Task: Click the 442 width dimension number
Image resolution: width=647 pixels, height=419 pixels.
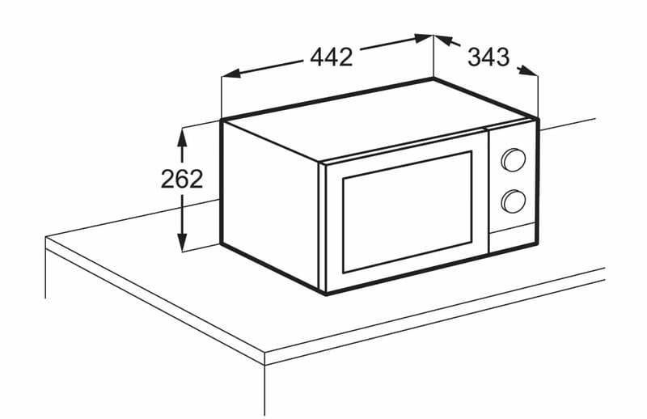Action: coord(332,57)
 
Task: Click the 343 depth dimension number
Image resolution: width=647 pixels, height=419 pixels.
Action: coord(488,57)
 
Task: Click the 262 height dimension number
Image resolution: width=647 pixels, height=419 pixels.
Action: coord(182,179)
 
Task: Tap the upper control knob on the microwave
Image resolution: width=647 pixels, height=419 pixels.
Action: coord(514,160)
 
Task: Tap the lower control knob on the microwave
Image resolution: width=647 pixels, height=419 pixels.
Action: coord(514,201)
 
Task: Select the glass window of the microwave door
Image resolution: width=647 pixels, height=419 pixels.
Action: coord(407,212)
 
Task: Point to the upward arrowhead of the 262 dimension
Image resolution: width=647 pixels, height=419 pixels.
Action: coord(182,138)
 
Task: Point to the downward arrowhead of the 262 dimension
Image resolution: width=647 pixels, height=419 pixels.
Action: coord(182,242)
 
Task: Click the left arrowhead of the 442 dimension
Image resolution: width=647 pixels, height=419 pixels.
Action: coord(231,74)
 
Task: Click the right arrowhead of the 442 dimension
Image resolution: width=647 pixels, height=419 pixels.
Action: coord(423,39)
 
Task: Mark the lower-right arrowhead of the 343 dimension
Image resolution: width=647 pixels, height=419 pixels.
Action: coord(528,70)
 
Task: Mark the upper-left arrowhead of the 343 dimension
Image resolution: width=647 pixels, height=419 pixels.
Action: coord(444,40)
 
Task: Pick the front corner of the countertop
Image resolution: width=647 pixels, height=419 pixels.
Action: coord(264,353)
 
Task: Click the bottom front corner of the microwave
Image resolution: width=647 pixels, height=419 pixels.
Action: coord(325,294)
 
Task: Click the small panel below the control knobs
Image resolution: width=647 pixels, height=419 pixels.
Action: coord(513,238)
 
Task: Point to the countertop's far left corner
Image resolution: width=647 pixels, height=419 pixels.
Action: coord(46,238)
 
